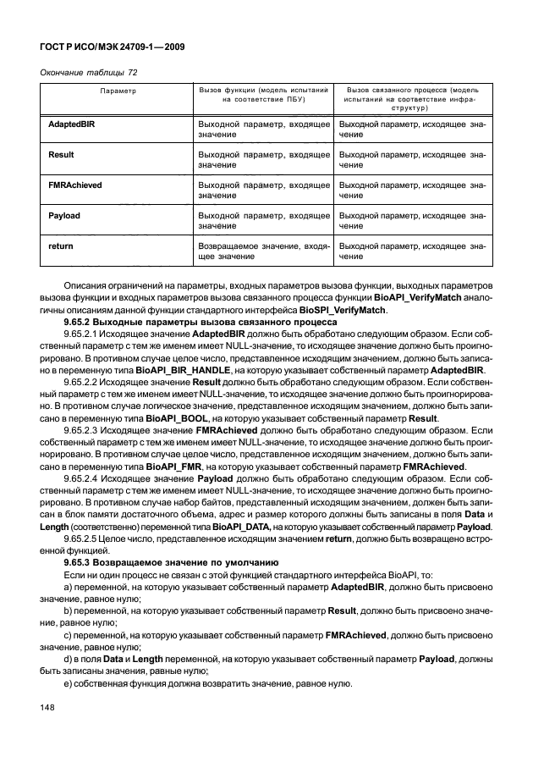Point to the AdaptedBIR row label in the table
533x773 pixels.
[x=71, y=124]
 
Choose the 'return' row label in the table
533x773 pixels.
[x=60, y=246]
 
